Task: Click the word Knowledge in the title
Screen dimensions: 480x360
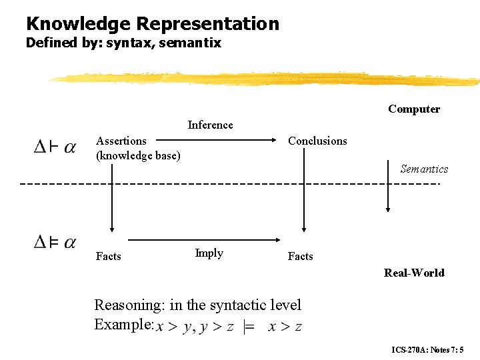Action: [79, 24]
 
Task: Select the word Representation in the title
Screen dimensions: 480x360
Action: [207, 25]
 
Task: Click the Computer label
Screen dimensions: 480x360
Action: [414, 109]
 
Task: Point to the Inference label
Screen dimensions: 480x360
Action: [211, 125]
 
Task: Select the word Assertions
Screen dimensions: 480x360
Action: [121, 141]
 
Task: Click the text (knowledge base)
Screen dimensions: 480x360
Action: [138, 155]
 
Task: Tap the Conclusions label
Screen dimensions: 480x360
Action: [317, 141]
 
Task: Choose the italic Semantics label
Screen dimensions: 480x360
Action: [424, 169]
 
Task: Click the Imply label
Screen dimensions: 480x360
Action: [209, 253]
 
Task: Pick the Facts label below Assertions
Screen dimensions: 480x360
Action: [109, 256]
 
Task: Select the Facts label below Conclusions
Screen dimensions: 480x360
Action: [301, 256]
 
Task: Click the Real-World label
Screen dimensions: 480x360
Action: [414, 273]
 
